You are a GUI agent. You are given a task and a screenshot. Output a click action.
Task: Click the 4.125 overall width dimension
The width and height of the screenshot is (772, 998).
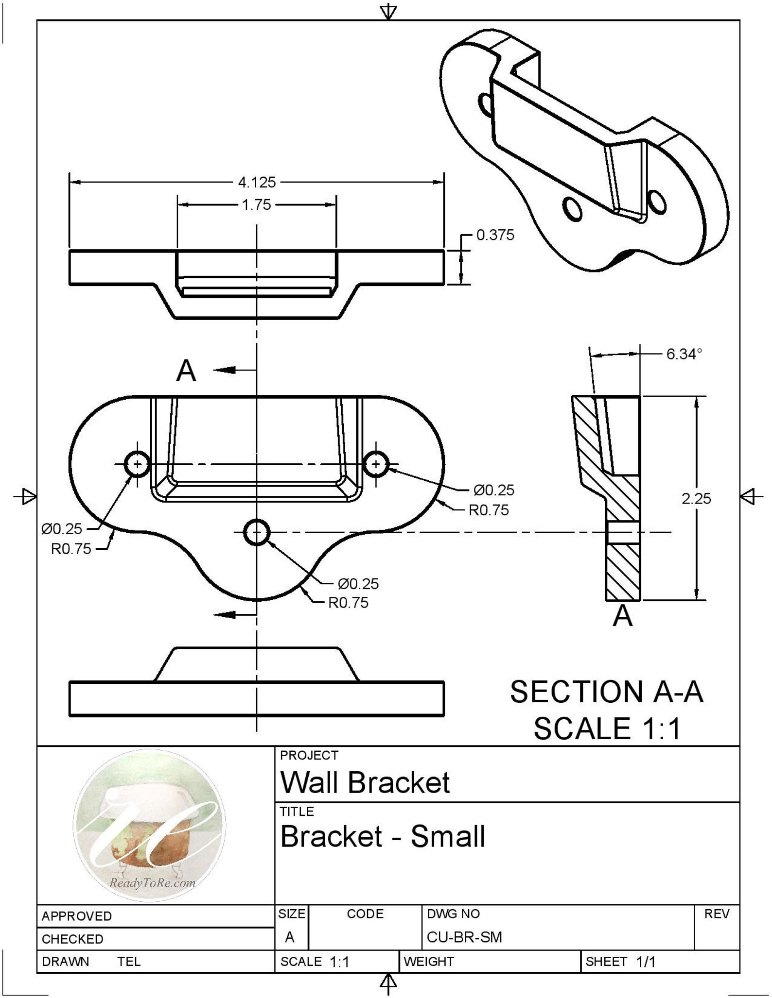(x=256, y=183)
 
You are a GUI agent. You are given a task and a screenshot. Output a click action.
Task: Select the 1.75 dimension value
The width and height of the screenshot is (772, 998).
(x=256, y=204)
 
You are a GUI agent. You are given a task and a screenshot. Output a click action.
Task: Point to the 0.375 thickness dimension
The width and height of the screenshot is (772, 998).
(x=495, y=235)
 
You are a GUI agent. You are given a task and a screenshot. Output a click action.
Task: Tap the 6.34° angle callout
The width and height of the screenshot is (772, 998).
(x=684, y=354)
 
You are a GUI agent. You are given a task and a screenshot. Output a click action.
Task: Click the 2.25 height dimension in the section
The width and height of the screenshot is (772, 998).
(x=696, y=498)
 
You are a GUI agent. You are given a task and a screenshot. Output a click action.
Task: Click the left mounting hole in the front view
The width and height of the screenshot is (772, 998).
(x=138, y=464)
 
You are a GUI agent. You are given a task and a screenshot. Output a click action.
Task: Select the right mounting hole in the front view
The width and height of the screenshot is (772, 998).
(x=376, y=464)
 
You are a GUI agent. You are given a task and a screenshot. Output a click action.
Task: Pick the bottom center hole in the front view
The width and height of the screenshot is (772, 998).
(x=257, y=532)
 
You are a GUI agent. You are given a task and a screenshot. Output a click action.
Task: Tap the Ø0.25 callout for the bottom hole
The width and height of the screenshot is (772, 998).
(x=358, y=584)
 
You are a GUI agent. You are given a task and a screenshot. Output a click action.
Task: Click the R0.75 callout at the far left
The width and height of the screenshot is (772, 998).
(x=71, y=549)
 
